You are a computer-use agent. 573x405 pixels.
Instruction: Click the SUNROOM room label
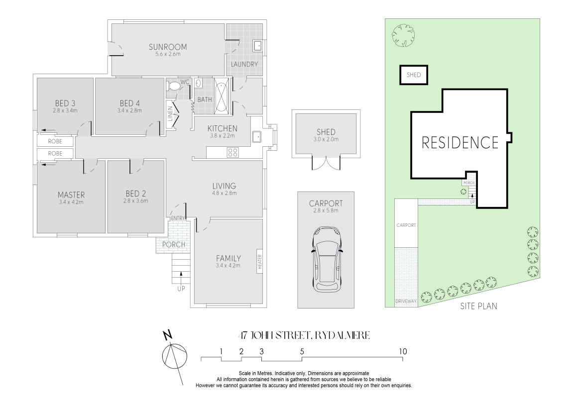coord(168,47)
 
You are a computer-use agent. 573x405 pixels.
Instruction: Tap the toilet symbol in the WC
coord(174,87)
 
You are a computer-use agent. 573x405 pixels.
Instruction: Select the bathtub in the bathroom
coord(221,96)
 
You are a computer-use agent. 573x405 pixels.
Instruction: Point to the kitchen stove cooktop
coord(233,152)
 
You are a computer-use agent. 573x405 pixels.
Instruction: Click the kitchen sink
coord(257,137)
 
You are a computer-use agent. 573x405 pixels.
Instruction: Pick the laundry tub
coord(257,46)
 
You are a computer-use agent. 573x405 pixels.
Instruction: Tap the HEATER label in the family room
coord(260,262)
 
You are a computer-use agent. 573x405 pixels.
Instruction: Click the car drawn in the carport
coord(327,259)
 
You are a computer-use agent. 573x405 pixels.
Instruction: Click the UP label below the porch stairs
coord(181,289)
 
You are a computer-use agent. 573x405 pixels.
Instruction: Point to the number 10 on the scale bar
coord(403,351)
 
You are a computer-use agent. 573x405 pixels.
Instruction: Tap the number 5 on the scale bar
coord(302,351)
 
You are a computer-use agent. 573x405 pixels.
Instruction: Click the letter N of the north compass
coord(167,335)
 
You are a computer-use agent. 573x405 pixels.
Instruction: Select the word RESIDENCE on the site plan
coord(460,142)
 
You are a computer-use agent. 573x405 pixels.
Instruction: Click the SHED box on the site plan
coord(414,75)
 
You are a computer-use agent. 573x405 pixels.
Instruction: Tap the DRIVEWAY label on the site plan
coord(406,302)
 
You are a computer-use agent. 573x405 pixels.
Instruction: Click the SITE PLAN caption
coord(479,306)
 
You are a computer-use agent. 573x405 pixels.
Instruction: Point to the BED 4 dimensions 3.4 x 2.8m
coord(130,110)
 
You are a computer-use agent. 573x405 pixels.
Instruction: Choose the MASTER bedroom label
coord(71,195)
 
